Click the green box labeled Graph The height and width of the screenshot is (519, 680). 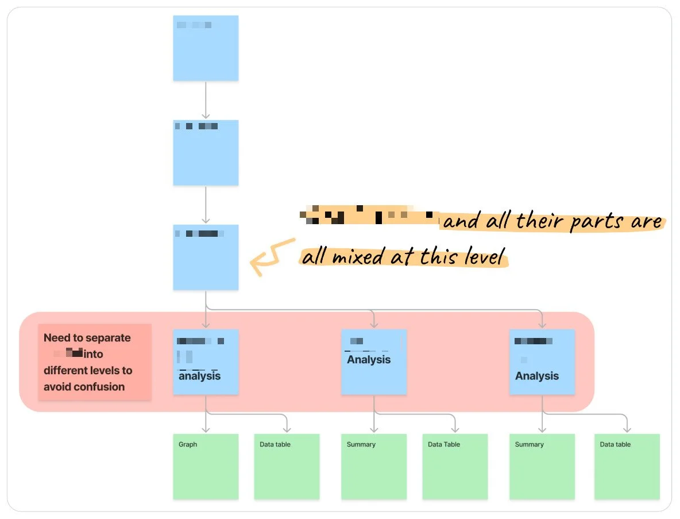pos(206,466)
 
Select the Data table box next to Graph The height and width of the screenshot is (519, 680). pos(287,466)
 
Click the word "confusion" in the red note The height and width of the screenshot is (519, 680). pos(101,387)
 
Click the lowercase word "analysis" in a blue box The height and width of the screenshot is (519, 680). pos(199,376)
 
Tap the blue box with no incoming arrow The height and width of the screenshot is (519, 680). pos(206,48)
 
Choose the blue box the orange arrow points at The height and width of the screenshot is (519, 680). pos(206,257)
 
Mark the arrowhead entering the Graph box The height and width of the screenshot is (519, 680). pos(206,429)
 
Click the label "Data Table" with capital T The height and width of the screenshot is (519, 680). pos(444,444)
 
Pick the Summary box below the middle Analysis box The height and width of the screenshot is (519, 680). pos(374,466)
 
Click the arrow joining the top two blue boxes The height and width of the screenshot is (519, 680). pos(206,100)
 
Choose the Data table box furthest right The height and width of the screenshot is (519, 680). pos(627,466)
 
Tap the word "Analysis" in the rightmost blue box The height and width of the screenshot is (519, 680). pos(537,376)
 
